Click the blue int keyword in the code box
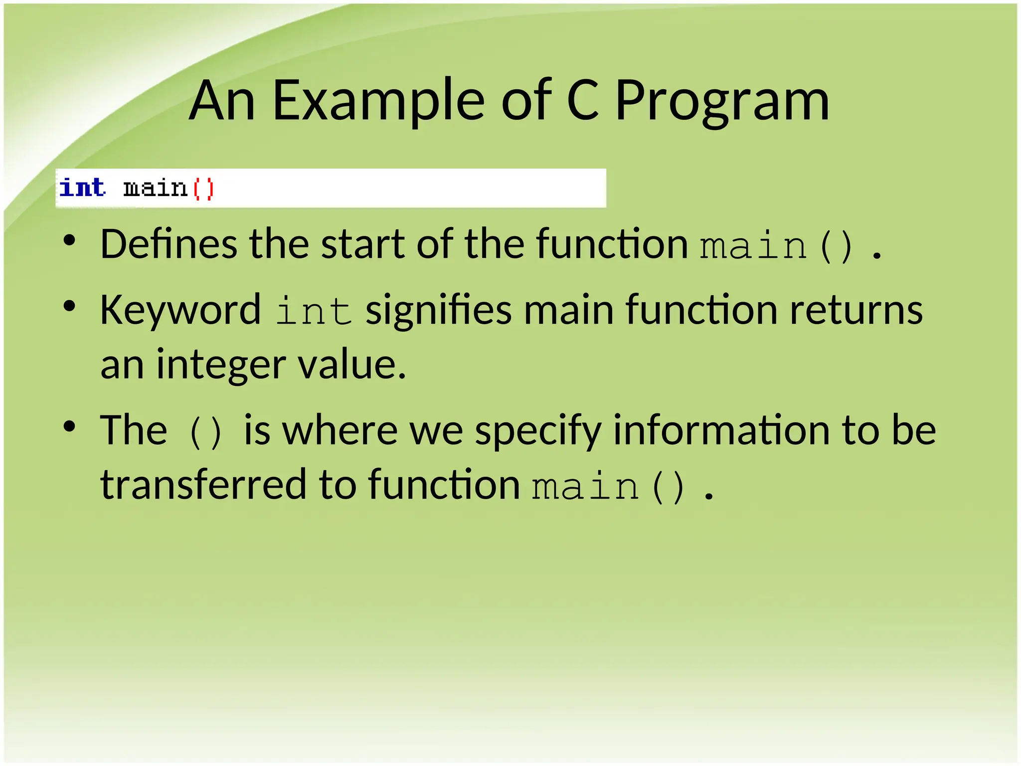82,188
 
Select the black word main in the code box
155,189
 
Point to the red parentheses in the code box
203,189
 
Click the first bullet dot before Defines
69,241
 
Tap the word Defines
169,244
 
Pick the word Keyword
180,310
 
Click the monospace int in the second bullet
314,311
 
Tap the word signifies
438,310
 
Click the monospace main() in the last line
609,487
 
